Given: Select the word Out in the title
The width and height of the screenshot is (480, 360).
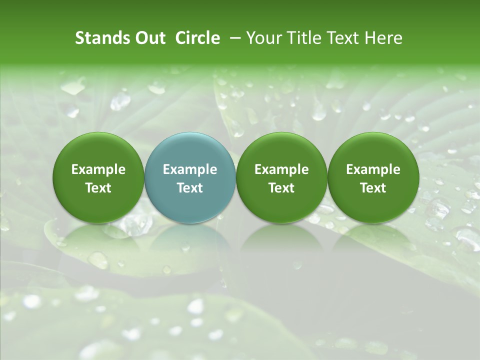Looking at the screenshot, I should (149, 38).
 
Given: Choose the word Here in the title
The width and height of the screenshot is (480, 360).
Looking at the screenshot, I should (383, 38).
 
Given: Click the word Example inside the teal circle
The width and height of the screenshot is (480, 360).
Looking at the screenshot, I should (190, 170).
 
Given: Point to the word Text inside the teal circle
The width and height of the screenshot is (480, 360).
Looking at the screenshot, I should (190, 188).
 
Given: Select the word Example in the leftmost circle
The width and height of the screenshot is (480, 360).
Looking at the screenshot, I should (98, 170).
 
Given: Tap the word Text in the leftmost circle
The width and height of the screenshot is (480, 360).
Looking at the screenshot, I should (98, 188).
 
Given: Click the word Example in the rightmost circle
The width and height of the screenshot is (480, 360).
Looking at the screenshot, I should (373, 170).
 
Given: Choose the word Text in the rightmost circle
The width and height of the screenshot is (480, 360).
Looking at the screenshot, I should (373, 188).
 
